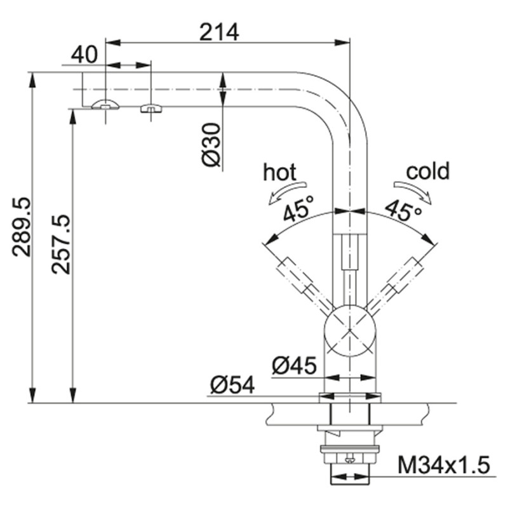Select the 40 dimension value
pyautogui.click(x=84, y=55)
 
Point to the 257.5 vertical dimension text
pyautogui.click(x=61, y=244)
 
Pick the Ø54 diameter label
pyautogui.click(x=232, y=385)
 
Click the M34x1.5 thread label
pyautogui.click(x=444, y=466)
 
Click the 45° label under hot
pyautogui.click(x=299, y=208)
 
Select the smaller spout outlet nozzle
pyautogui.click(x=151, y=108)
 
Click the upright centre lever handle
pyautogui.click(x=349, y=254)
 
